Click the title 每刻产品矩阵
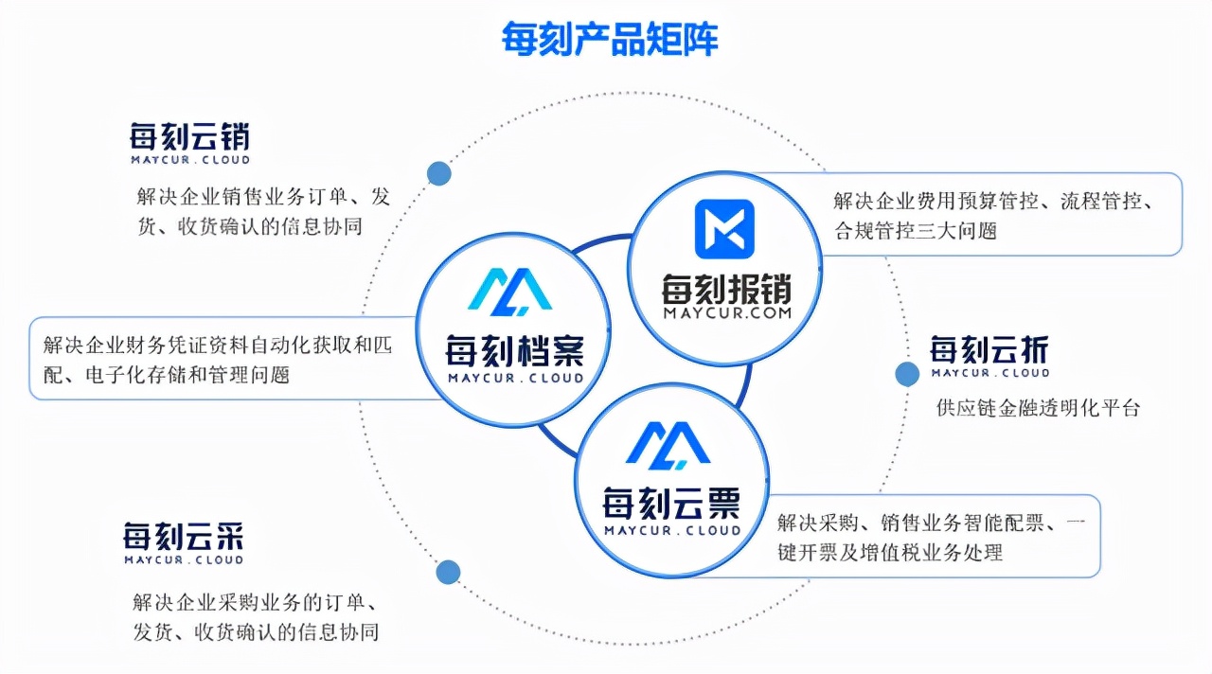tap(610, 40)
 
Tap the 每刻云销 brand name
tap(189, 137)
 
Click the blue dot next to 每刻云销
tap(438, 173)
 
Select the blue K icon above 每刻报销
tap(724, 229)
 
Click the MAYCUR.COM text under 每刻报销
tap(726, 314)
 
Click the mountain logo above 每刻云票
tap(668, 444)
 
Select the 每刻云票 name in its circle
tap(671, 503)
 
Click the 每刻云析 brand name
tap(989, 350)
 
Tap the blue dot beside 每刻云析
tap(907, 374)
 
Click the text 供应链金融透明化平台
tap(1038, 408)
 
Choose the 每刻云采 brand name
tap(184, 537)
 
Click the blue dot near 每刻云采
tap(448, 572)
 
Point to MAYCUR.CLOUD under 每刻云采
tap(184, 559)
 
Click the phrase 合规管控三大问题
tap(915, 230)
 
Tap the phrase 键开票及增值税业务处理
tap(889, 552)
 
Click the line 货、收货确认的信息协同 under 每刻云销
tap(250, 227)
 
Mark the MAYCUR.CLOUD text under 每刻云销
tap(189, 160)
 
